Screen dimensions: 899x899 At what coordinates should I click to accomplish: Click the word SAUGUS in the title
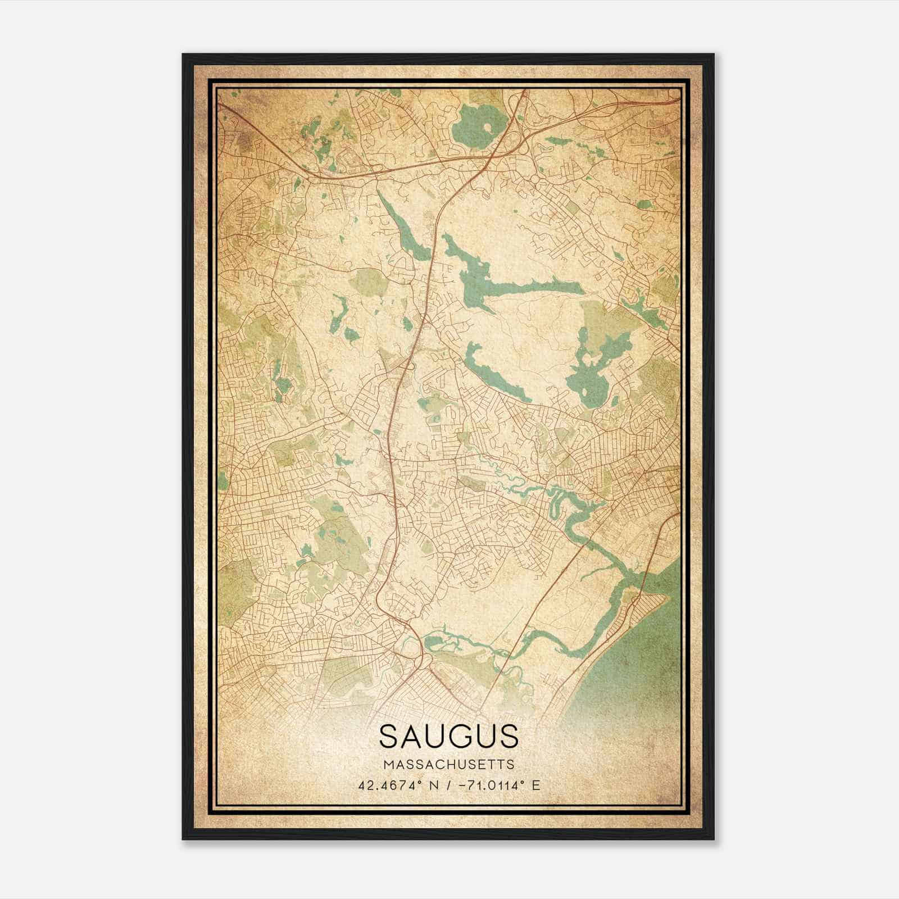coord(448,737)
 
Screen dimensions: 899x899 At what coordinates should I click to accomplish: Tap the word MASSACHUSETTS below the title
coord(448,765)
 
